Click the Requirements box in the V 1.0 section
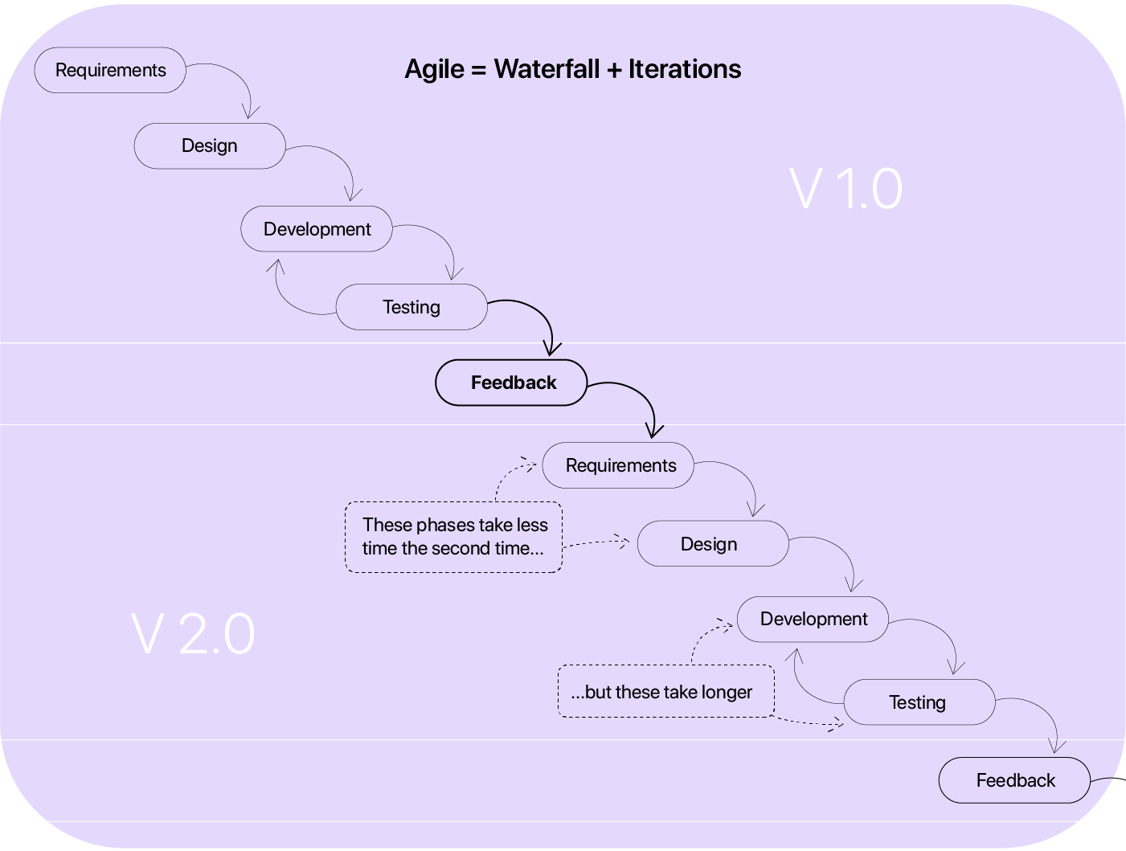[110, 71]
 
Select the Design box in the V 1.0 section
[209, 146]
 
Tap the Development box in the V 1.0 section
[317, 229]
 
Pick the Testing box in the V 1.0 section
[411, 307]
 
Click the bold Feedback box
[512, 383]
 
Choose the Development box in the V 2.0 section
[813, 620]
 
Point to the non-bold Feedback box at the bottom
[1014, 780]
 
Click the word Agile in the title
[434, 70]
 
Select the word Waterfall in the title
[547, 69]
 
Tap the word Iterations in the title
[684, 69]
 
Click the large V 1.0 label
[846, 190]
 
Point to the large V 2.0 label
[193, 635]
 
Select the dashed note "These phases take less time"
[454, 537]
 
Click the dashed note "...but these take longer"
[665, 691]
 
